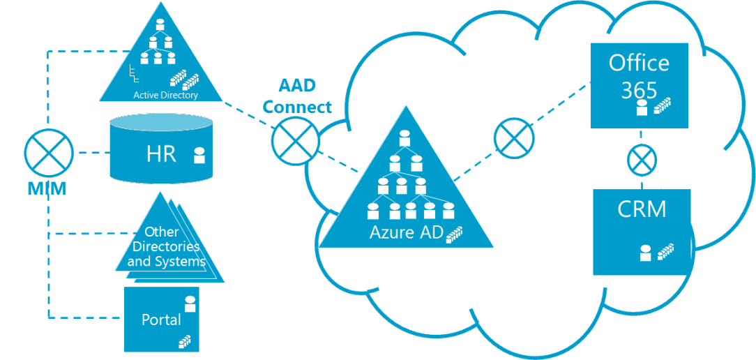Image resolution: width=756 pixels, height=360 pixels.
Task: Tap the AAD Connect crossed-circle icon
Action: coord(295,140)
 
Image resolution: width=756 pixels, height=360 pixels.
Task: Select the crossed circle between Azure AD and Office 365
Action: coord(514,137)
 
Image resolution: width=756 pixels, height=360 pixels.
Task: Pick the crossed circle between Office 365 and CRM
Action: coord(640,160)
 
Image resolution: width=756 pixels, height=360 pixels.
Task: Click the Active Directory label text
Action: coord(165,95)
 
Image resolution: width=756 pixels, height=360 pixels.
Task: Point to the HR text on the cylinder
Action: coord(161,154)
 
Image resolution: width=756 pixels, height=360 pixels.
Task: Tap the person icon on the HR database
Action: coord(199,155)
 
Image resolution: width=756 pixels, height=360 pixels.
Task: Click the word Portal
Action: coord(161,320)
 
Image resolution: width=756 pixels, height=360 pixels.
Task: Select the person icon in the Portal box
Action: coord(190,304)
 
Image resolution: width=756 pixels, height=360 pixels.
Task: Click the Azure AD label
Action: coord(407,232)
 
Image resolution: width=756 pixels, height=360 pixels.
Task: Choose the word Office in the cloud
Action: coord(639,63)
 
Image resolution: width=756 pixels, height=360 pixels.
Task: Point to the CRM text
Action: coord(642,209)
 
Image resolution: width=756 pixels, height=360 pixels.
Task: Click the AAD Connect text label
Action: coord(298,97)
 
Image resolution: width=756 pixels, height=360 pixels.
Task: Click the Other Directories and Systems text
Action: coord(167,247)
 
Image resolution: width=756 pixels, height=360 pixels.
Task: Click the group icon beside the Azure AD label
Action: coord(455,233)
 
